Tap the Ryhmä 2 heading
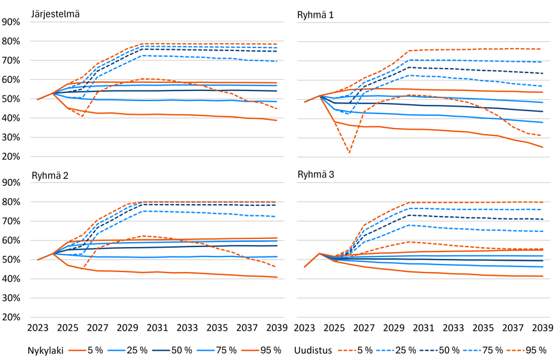coord(50,175)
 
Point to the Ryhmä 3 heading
coord(315,175)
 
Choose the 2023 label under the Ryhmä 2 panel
coord(38,328)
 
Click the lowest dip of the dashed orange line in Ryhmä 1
coord(349,153)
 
